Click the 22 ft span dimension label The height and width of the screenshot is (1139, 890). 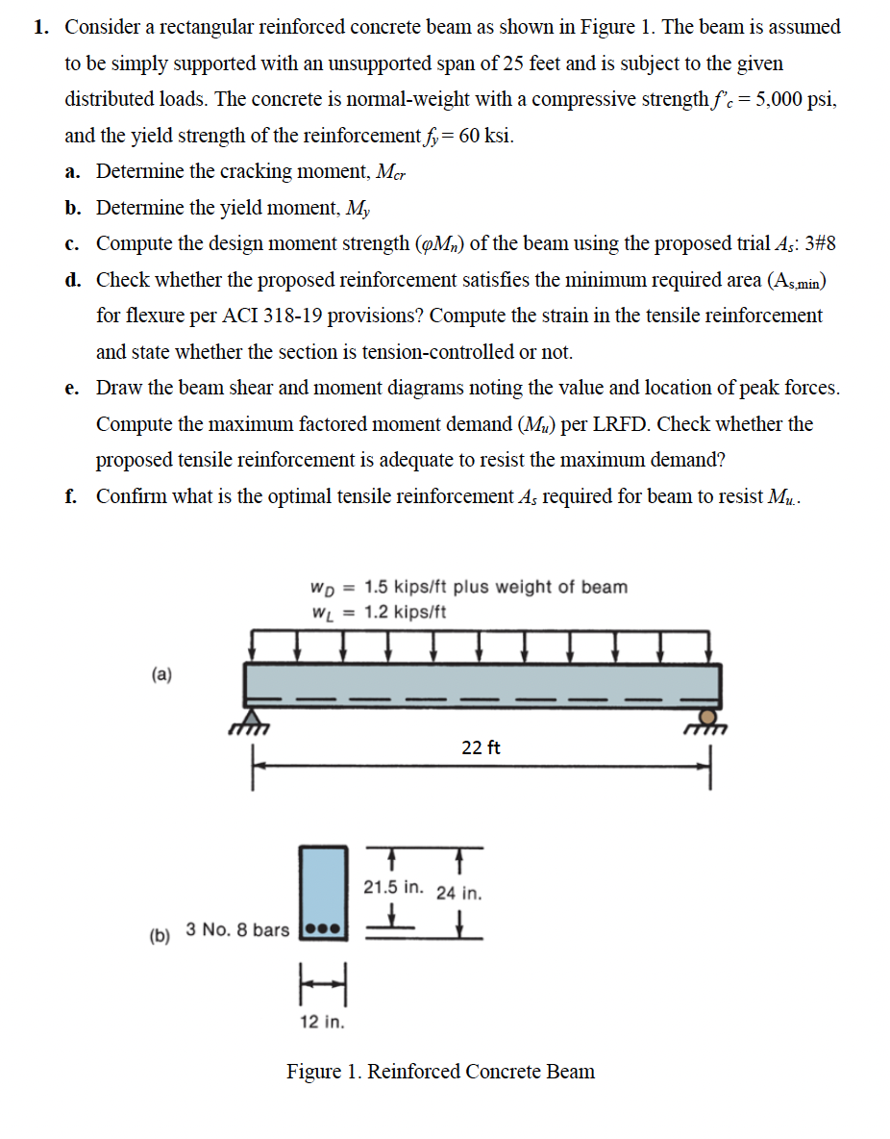pos(481,747)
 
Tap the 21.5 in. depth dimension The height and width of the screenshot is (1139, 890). pos(392,886)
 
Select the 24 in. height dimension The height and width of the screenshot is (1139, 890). pos(459,892)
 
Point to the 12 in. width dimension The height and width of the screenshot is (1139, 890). pos(322,1022)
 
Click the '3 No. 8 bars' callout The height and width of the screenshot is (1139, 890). pos(236,929)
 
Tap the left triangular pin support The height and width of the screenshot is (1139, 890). pos(252,718)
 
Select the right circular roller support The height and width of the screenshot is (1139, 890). pos(708,718)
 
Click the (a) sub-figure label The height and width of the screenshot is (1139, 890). pos(161,674)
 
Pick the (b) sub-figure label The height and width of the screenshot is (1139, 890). pos(160,934)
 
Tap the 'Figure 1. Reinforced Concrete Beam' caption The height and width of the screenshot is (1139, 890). pos(440,1071)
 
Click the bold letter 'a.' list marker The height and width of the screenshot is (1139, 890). pos(73,171)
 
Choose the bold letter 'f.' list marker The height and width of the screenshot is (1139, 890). pos(72,495)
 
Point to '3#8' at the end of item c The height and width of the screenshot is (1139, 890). pos(819,243)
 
